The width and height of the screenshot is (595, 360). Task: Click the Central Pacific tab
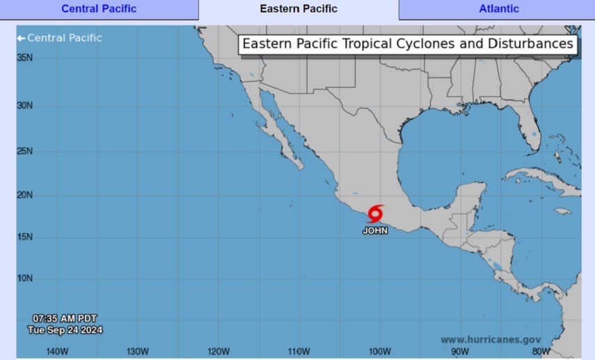99,9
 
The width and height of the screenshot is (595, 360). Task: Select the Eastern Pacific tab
299,9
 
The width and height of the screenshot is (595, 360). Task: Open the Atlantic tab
498,9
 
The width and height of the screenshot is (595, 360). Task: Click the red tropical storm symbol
376,213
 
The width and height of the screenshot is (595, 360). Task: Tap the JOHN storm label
375,230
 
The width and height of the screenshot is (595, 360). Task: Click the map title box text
408,45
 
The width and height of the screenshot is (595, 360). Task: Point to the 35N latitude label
25,58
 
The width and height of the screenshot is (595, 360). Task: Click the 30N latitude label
25,106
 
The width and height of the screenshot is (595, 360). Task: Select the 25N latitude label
25,151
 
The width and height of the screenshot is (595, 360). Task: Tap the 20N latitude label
25,195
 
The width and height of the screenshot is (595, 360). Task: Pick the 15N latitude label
25,237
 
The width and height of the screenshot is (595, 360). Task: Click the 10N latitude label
25,279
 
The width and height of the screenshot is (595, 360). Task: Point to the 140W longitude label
57,351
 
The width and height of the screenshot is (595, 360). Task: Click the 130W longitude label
138,351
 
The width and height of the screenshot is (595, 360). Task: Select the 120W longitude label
219,351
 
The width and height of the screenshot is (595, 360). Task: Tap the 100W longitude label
380,351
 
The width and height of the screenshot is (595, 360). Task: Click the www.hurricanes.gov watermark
491,340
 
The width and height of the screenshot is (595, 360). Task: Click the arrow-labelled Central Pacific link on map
60,38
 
